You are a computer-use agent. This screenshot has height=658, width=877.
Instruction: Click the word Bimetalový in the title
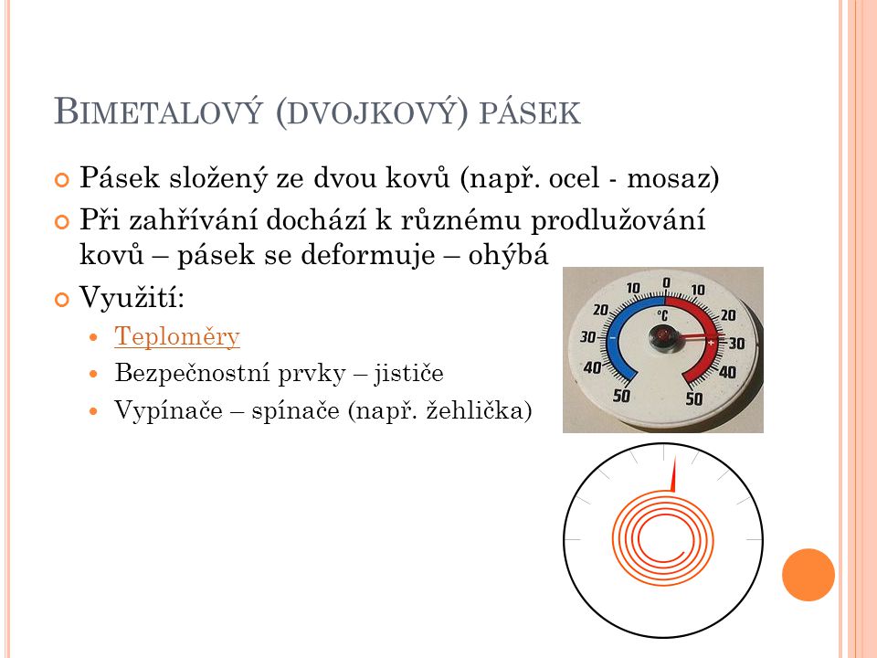click(x=158, y=111)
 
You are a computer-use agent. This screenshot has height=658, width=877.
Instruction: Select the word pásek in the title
click(x=530, y=113)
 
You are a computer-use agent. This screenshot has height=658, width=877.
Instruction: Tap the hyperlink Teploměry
click(x=177, y=337)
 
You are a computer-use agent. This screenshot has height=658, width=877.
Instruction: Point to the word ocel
click(x=575, y=178)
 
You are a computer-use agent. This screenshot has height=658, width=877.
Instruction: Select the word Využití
click(x=132, y=296)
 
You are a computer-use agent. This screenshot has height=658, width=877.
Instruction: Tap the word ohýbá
click(x=509, y=255)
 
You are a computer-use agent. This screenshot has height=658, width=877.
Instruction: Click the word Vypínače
click(x=168, y=410)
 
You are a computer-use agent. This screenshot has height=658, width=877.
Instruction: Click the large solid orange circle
click(x=808, y=575)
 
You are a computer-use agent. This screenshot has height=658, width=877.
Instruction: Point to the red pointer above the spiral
click(x=673, y=474)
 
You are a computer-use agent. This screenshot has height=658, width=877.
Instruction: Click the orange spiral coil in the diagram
click(x=663, y=537)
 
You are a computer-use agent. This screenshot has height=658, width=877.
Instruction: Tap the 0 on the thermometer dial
click(x=666, y=283)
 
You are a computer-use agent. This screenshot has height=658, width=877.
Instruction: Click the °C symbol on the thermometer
click(x=662, y=315)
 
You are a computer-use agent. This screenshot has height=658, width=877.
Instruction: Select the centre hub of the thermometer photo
click(x=663, y=337)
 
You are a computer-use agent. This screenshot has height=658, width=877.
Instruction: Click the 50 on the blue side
click(x=621, y=396)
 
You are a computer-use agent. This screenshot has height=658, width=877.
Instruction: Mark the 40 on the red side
click(x=727, y=372)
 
